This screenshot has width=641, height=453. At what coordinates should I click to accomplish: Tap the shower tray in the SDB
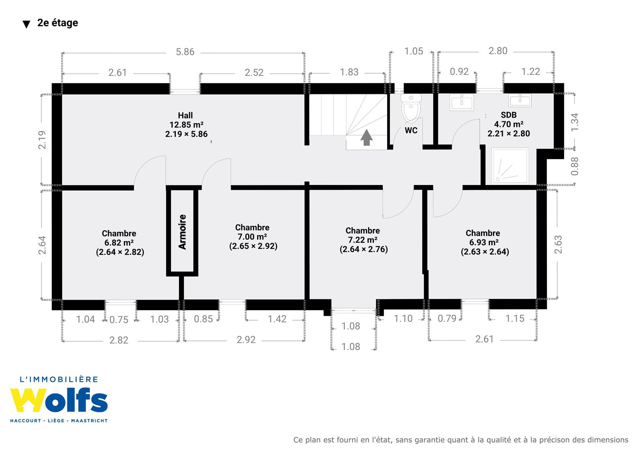coord(510,166)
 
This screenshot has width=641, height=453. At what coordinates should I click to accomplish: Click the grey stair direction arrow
coord(366,137)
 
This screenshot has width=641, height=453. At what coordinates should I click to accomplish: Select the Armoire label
coord(182,232)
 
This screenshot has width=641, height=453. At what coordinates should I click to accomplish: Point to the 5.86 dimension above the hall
coord(185,52)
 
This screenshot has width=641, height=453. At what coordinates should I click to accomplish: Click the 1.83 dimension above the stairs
coord(349,72)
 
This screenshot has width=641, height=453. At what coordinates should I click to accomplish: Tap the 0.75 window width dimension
coord(119,320)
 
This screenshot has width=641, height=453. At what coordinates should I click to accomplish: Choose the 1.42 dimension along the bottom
coord(277,319)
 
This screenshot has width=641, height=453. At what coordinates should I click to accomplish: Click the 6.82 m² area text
coord(119,243)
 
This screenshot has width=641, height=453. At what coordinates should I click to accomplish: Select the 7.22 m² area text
coord(363,240)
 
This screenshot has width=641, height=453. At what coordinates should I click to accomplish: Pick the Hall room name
coord(185,116)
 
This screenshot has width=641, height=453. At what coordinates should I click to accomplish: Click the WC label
coord(411,130)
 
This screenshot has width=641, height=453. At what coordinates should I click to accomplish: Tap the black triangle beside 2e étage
coord(26,24)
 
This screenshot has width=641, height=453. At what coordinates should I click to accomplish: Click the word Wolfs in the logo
coord(59,401)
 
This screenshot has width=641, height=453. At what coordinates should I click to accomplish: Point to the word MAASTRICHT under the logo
coord(89,421)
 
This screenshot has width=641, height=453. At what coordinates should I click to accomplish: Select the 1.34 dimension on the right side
coord(575,122)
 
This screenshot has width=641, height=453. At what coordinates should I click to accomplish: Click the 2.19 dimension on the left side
coord(42,140)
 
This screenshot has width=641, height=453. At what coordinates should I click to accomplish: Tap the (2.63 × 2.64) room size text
coord(485,252)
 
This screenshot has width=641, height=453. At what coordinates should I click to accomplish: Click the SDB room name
coord(508,115)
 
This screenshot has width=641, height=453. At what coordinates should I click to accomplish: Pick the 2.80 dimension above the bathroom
coord(497,51)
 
